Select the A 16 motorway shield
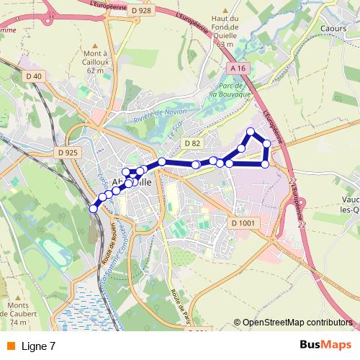coord(239,68)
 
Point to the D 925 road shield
coord(66,153)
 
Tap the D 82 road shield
coord(192,143)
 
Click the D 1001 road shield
coord(245,224)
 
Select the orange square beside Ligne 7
coord(10,346)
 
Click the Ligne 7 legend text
coord(38,346)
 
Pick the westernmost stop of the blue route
coord(92,209)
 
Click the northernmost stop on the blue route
coord(251,131)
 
